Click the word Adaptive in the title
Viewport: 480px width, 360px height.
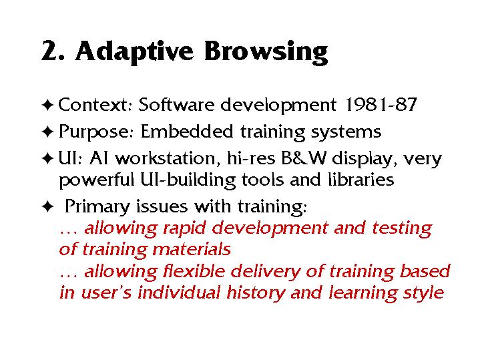(x=134, y=51)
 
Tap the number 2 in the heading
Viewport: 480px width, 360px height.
(x=49, y=51)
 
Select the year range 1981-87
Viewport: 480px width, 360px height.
(x=381, y=104)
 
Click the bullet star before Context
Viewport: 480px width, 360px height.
(x=47, y=105)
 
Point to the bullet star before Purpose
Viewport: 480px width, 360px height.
(x=47, y=132)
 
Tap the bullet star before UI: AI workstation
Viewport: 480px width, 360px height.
(x=47, y=159)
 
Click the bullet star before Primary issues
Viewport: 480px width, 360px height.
(x=47, y=206)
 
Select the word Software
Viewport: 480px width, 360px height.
(x=176, y=104)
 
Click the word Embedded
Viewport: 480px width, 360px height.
(x=187, y=132)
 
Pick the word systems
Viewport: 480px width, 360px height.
(x=346, y=133)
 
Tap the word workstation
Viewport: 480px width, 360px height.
(x=166, y=158)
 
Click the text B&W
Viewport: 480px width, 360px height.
(x=304, y=158)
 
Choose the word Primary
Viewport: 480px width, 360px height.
(x=97, y=207)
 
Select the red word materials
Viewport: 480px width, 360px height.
(x=192, y=249)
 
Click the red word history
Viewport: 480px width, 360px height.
(x=256, y=293)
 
